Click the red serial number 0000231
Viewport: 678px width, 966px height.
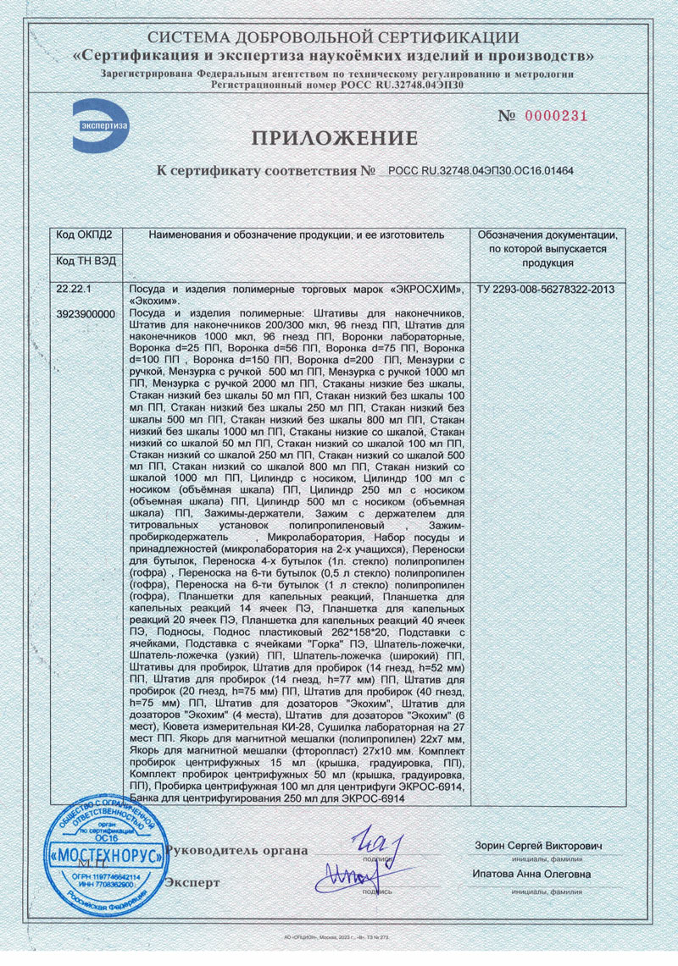tap(556, 116)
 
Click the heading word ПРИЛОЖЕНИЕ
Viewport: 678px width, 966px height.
tap(333, 138)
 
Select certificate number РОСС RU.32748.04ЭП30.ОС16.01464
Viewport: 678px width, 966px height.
tap(481, 171)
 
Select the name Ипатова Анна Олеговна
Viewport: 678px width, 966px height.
tap(531, 875)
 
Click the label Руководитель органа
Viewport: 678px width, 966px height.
tap(237, 850)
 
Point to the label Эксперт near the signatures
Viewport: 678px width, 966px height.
tap(192, 882)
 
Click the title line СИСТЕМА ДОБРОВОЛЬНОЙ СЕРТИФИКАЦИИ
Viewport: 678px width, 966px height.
tap(333, 38)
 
